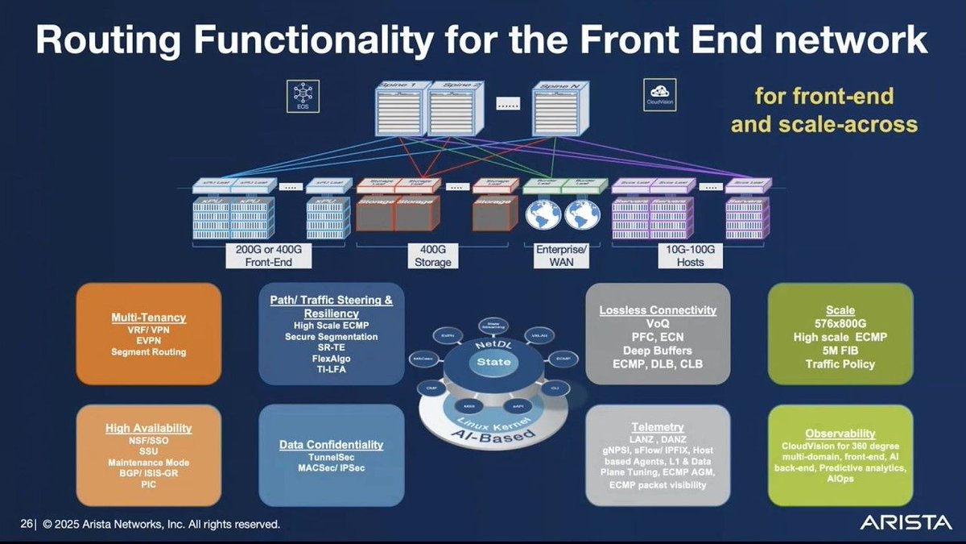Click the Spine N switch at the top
[556, 110]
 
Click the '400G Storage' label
[433, 256]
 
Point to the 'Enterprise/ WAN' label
[561, 256]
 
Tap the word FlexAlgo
[331, 358]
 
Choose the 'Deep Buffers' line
[658, 351]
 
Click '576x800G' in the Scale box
[840, 324]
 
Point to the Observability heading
[840, 433]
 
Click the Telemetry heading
[658, 426]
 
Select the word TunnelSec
[331, 456]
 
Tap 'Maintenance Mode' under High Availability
[148, 463]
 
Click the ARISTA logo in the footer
[905, 523]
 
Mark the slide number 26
[26, 524]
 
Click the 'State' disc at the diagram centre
[493, 362]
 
